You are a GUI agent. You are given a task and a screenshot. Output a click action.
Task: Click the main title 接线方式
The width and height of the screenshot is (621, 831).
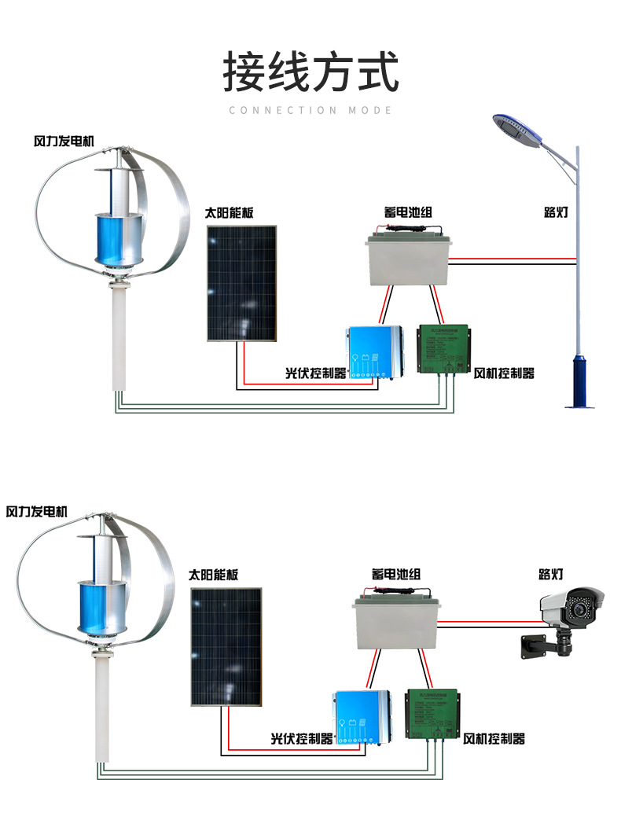310,72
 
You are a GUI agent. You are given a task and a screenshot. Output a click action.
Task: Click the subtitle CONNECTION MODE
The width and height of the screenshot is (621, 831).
310,111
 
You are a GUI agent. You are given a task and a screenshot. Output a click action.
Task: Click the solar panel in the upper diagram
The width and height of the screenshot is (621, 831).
242,283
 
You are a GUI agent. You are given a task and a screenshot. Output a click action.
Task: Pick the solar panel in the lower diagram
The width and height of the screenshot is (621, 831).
226,646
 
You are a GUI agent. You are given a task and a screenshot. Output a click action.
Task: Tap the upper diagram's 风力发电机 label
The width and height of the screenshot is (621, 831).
64,142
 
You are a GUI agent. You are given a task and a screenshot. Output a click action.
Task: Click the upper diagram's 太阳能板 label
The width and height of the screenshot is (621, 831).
229,212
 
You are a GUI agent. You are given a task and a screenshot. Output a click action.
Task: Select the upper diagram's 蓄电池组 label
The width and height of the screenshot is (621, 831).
408,212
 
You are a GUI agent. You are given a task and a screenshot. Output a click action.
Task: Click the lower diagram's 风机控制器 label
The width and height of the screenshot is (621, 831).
494,739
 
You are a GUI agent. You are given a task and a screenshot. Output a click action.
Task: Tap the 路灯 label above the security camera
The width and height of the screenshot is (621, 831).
550,575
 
